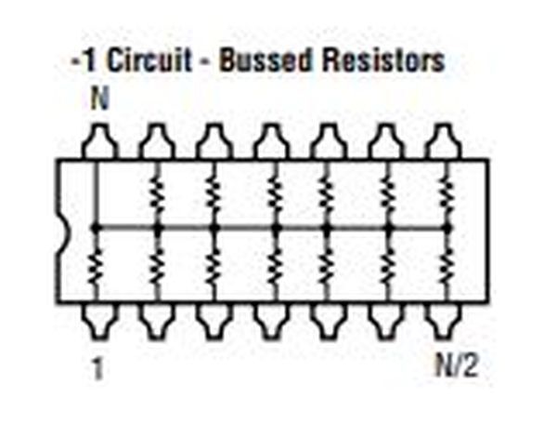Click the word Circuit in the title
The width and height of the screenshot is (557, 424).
pyautogui.click(x=149, y=60)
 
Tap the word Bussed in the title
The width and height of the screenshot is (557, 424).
pyautogui.click(x=265, y=60)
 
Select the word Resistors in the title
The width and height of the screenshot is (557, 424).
pyautogui.click(x=382, y=60)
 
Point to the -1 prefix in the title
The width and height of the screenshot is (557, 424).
pyautogui.click(x=84, y=60)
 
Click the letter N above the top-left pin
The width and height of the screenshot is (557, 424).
pyautogui.click(x=99, y=99)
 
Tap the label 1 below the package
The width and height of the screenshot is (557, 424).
pyautogui.click(x=97, y=368)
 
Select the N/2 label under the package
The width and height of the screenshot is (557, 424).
pyautogui.click(x=457, y=365)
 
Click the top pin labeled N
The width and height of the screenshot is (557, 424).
pyautogui.click(x=99, y=140)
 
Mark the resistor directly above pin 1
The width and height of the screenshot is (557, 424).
pyautogui.click(x=95, y=266)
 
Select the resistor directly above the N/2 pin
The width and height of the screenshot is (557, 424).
pyautogui.click(x=447, y=266)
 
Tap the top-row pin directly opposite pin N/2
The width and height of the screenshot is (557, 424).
pyautogui.click(x=444, y=140)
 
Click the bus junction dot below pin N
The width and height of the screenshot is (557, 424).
pyautogui.click(x=95, y=227)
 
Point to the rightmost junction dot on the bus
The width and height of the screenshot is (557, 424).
pyautogui.click(x=447, y=227)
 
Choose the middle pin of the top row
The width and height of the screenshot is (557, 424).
pyautogui.click(x=271, y=140)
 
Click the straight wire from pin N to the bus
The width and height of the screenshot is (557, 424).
pyautogui.click(x=96, y=193)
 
